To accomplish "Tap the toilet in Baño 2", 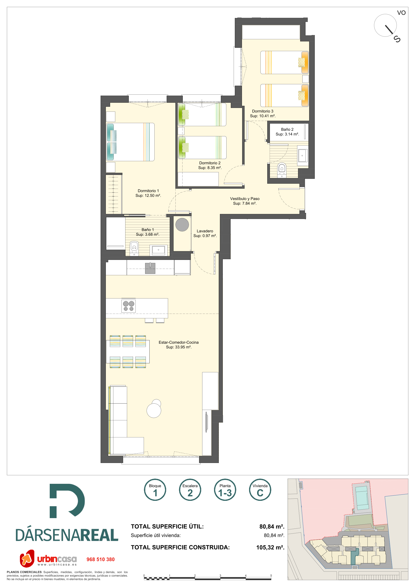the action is pos(281,170).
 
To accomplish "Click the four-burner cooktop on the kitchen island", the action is pos(128,306).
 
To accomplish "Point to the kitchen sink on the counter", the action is pos(150,268).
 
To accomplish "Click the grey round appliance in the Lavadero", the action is pos(182,225).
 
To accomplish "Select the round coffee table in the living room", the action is pos(154,410).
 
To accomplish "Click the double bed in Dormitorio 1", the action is pos(130,142).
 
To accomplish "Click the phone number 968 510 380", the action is pos(100,559).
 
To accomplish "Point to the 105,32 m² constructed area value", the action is pos(270,547).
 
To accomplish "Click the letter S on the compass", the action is pos(397,39).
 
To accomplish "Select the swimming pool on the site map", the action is pos(362,498).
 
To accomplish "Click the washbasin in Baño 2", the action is pos(302,156).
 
